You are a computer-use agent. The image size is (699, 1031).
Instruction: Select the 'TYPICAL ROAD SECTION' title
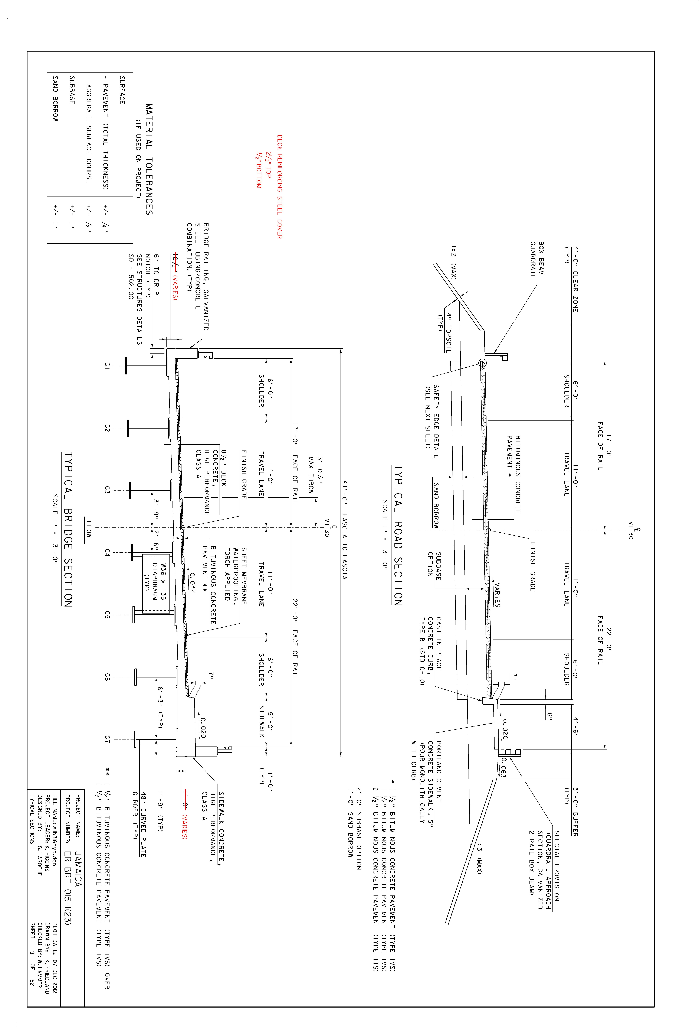[398, 536]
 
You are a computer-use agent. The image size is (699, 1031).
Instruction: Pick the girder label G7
[107, 739]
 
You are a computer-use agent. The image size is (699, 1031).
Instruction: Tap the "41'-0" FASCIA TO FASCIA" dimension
[345, 530]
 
